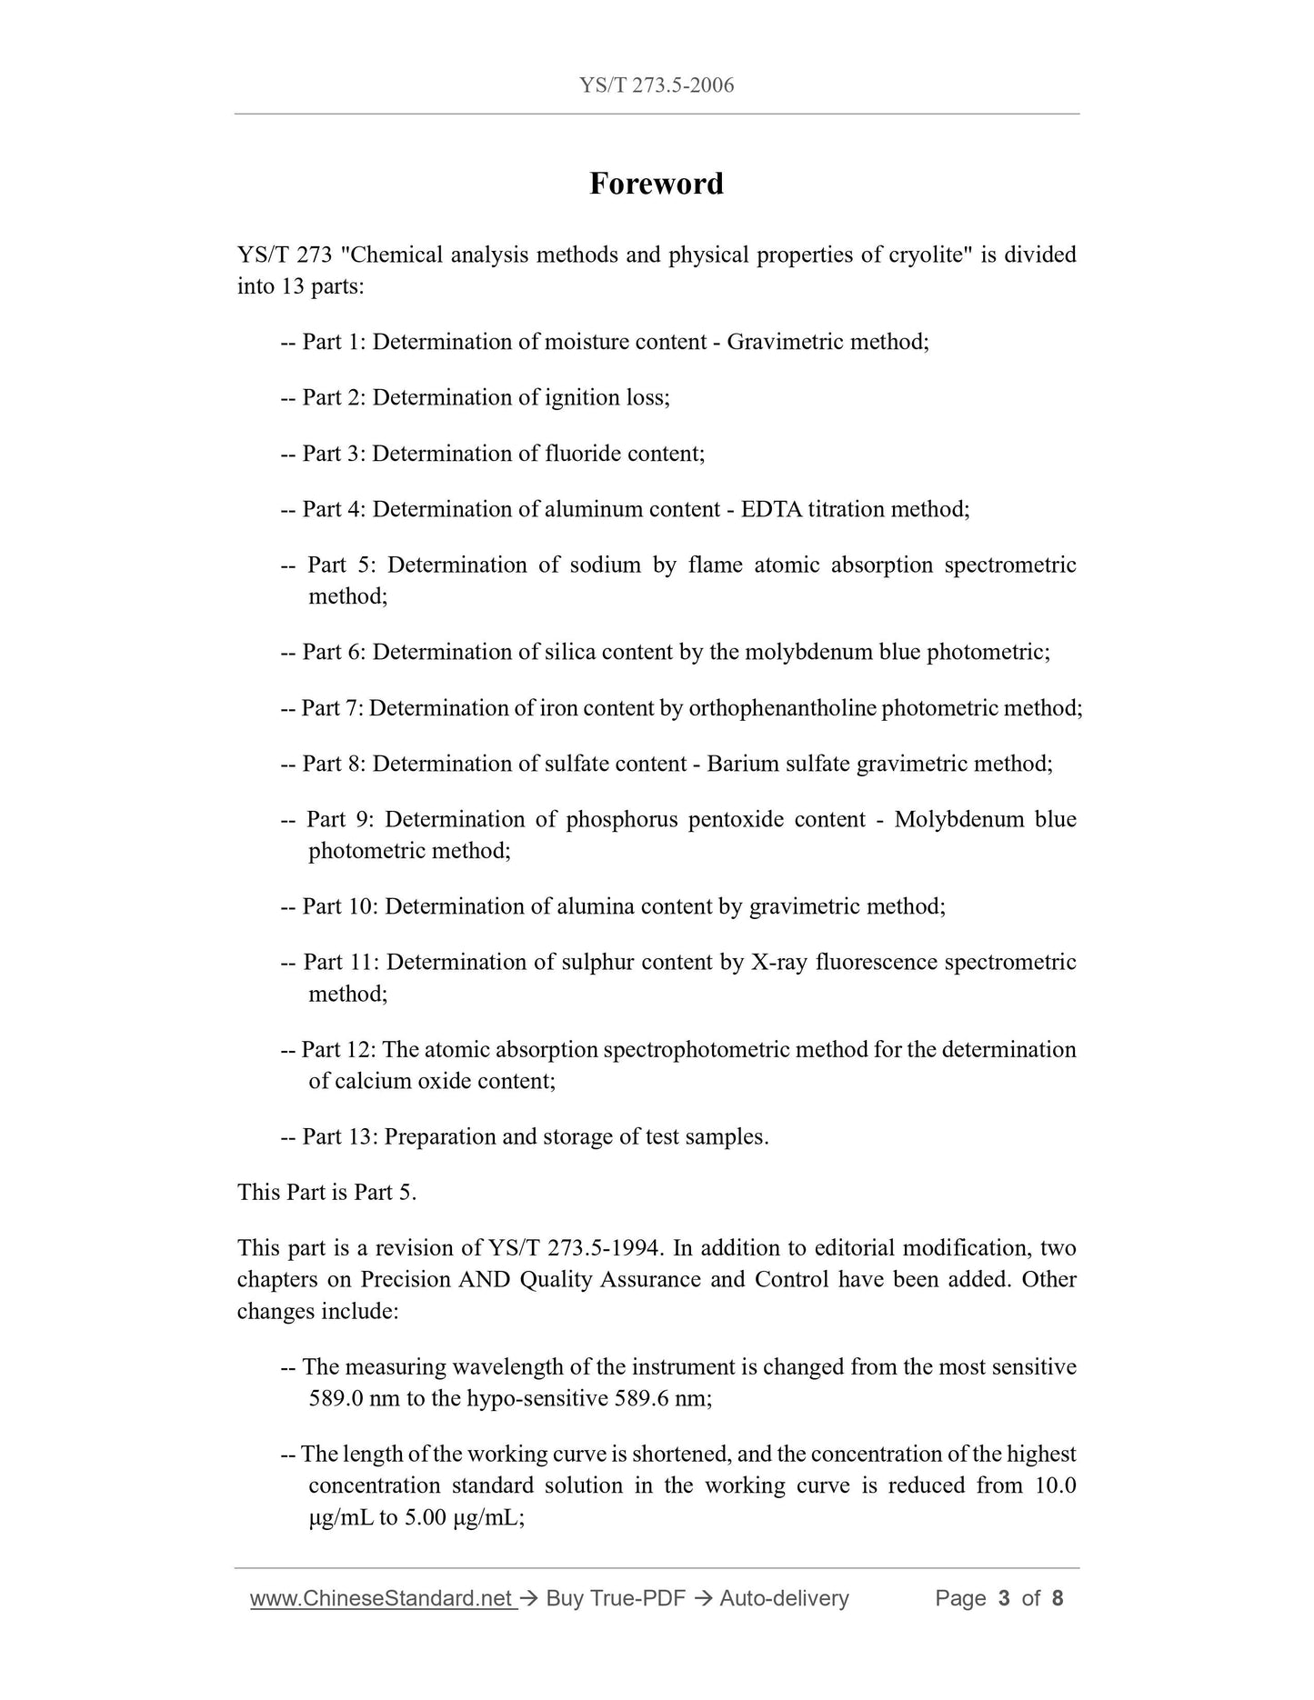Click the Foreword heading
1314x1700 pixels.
click(656, 184)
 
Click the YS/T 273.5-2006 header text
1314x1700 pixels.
click(656, 85)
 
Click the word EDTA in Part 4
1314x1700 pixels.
click(771, 509)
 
